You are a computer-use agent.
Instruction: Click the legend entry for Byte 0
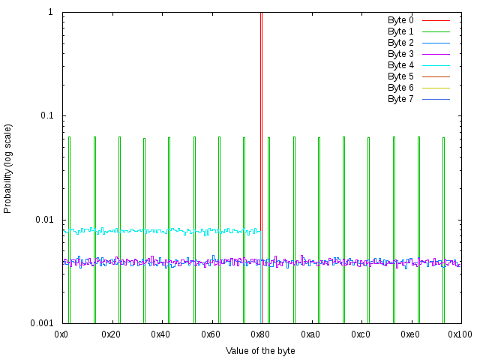tap(400, 20)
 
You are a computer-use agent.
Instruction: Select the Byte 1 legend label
tap(400, 31)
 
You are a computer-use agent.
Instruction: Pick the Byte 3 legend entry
tap(400, 54)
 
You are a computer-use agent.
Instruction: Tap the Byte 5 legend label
tap(400, 76)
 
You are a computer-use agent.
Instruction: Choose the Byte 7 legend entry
tap(400, 99)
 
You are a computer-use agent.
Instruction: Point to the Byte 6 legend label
tap(400, 88)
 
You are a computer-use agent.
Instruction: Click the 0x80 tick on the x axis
tap(261, 333)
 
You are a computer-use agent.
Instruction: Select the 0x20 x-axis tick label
tap(112, 333)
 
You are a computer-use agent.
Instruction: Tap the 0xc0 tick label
tap(361, 333)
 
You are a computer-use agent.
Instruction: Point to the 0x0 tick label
tap(62, 333)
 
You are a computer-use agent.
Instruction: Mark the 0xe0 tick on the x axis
tap(410, 333)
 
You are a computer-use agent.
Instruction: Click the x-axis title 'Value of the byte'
tap(260, 350)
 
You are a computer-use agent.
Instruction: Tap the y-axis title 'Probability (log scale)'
tap(8, 168)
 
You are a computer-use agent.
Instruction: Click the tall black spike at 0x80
tap(261, 112)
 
